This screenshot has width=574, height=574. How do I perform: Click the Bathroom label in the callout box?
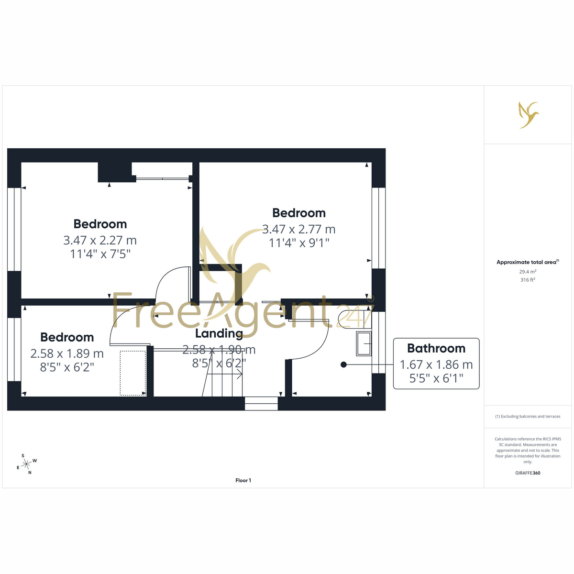[436, 348]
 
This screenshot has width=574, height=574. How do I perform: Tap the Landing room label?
[219, 334]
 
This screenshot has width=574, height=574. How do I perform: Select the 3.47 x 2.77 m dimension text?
[298, 230]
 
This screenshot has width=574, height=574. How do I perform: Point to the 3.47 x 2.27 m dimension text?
[100, 241]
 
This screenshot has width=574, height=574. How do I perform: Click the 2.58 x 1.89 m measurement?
[67, 353]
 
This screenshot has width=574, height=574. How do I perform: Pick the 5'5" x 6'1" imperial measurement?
[436, 378]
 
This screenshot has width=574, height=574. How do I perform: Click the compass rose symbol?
[26, 464]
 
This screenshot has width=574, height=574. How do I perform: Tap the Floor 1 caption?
[243, 480]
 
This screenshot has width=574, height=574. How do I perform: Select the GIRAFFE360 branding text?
[528, 473]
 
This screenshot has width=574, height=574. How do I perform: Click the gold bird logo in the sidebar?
[528, 115]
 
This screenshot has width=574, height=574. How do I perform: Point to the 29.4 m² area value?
[528, 271]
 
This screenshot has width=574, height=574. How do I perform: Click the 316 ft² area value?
[528, 280]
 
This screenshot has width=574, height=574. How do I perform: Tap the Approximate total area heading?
[528, 262]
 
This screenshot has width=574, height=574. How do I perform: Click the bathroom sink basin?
[364, 344]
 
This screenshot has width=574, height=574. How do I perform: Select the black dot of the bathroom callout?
[343, 364]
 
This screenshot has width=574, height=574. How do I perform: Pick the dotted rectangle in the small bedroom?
[133, 373]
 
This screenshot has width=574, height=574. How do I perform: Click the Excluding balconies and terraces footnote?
[528, 417]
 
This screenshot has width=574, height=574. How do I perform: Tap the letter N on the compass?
[30, 473]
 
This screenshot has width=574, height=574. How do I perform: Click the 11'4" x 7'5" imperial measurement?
[100, 254]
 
